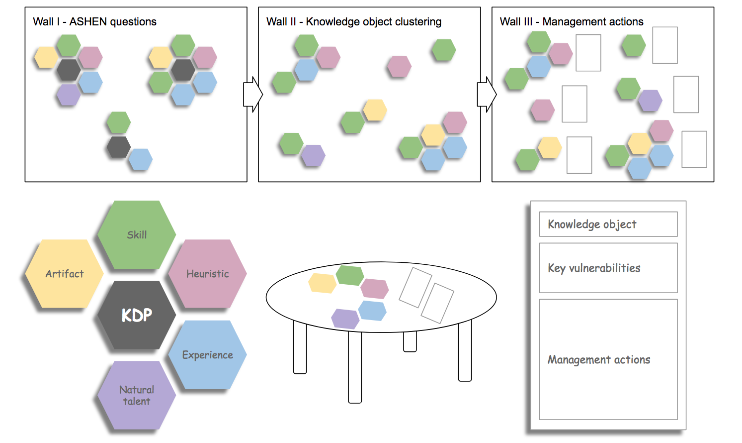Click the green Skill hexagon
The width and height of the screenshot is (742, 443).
(137, 235)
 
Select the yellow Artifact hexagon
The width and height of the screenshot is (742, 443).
(65, 274)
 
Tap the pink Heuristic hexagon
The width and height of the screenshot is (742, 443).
(207, 274)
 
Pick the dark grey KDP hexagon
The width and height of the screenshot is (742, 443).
(137, 315)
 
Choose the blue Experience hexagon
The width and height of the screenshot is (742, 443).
(207, 355)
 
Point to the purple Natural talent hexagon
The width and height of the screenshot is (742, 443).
(137, 395)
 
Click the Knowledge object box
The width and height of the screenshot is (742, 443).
(608, 224)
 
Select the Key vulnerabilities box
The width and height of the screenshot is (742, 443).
(608, 268)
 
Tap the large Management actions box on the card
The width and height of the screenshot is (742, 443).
(608, 359)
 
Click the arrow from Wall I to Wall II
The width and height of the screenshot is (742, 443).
(252, 94)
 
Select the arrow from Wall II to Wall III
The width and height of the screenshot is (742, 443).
(486, 94)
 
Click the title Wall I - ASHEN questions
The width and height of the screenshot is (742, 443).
(94, 22)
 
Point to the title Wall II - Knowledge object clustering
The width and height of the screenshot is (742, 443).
(353, 22)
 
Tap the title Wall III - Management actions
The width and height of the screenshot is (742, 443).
(571, 22)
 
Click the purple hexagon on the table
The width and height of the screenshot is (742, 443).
(345, 319)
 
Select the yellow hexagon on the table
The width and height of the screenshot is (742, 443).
(322, 283)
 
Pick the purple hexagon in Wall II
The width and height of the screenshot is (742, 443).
(313, 155)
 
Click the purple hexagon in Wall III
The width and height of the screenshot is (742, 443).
(650, 101)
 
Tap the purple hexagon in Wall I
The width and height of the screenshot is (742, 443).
(69, 95)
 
